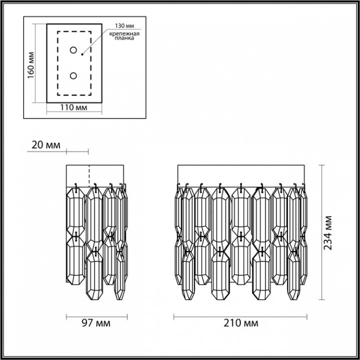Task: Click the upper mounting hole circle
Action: pyautogui.click(x=74, y=51)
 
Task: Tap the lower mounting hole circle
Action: pyautogui.click(x=74, y=76)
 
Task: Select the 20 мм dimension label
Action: pyautogui.click(x=46, y=145)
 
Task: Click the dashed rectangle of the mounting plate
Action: pyautogui.click(x=57, y=63)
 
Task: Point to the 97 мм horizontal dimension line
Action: pyautogui.click(x=97, y=316)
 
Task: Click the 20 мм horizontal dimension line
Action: pyautogui.click(x=77, y=152)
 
